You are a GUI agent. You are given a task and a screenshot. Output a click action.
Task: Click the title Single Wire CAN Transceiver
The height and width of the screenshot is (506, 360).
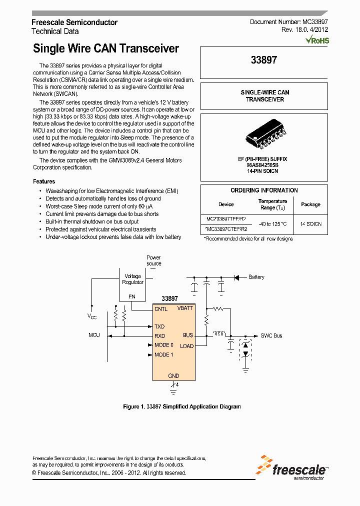(x=105, y=48)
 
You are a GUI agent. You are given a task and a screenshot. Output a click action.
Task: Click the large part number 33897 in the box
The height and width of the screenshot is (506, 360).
(x=263, y=60)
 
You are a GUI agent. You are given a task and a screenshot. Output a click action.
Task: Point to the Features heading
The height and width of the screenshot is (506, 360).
(x=44, y=181)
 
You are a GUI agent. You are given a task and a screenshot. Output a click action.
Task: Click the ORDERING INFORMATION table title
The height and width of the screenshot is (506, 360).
(x=264, y=190)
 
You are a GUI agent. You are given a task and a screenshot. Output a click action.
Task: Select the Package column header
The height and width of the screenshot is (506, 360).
(x=310, y=204)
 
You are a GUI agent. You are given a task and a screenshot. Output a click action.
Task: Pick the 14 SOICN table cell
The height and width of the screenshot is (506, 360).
(x=310, y=224)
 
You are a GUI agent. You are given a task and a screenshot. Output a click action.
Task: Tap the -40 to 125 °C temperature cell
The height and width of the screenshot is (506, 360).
(x=272, y=224)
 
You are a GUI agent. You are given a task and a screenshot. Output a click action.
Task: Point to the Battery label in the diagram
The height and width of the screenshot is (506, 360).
(x=256, y=277)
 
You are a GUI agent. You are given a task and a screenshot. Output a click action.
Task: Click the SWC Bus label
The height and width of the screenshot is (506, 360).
(x=271, y=335)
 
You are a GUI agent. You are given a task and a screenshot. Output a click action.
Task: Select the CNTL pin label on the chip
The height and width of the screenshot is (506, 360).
(x=161, y=309)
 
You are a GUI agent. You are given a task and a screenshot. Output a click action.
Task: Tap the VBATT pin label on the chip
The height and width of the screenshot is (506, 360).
(x=184, y=308)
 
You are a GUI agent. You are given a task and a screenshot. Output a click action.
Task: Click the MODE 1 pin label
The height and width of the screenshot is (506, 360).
(x=164, y=355)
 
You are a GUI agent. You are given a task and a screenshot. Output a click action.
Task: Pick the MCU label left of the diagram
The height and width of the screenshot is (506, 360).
(x=94, y=335)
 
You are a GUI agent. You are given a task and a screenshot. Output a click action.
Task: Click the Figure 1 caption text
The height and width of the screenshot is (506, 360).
(x=181, y=406)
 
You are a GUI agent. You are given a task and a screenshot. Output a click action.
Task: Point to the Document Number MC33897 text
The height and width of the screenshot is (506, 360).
(x=288, y=22)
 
